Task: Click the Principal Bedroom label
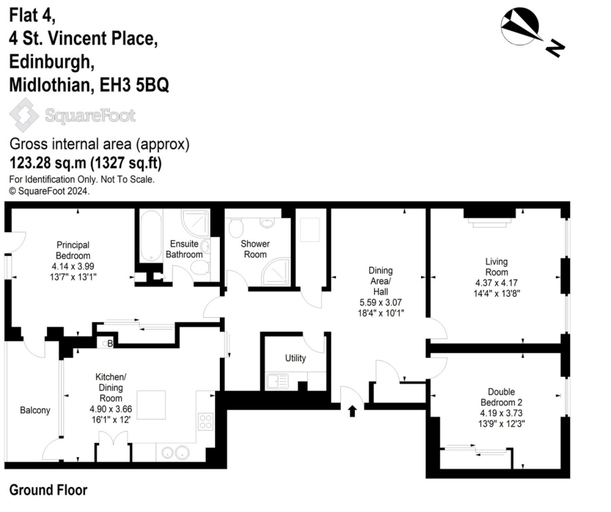[73, 250]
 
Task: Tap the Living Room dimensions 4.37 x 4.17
[496, 283]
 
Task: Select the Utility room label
[295, 358]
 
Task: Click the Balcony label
[35, 410]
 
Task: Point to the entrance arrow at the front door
[352, 411]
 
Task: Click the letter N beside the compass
[555, 48]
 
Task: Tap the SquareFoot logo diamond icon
[24, 115]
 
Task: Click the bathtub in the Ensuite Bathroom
[151, 236]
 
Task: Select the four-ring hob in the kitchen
[205, 421]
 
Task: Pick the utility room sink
[277, 382]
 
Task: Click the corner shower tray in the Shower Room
[276, 272]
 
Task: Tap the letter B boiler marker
[110, 344]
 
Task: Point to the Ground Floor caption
[48, 490]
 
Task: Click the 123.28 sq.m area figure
[48, 163]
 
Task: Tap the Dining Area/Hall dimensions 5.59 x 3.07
[381, 302]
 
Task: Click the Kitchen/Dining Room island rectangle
[151, 405]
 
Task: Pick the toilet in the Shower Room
[236, 227]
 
